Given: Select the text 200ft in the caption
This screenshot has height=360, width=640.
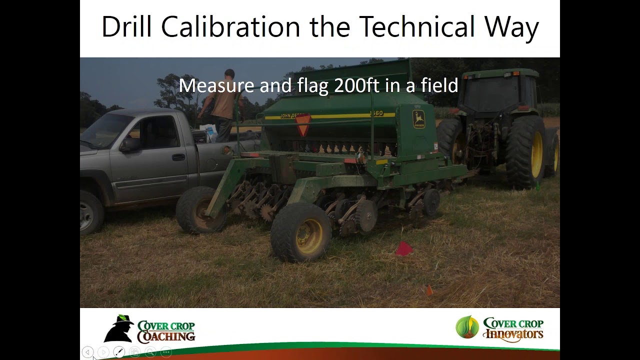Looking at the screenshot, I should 356,85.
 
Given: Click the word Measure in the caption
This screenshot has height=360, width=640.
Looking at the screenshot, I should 216,85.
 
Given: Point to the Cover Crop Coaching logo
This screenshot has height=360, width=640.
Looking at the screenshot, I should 149,329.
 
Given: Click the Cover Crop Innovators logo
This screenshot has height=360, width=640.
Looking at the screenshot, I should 499,329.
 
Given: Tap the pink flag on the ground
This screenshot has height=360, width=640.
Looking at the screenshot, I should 403,248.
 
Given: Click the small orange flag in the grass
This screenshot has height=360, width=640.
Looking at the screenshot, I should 429,290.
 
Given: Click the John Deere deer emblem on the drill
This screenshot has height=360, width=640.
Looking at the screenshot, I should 418,119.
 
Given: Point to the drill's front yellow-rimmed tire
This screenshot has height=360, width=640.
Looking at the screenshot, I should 301,232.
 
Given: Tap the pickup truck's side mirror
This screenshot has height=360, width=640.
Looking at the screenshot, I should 129,144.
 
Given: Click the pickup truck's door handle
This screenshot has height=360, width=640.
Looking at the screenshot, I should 178,157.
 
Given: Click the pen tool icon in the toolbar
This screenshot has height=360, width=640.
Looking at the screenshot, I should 118,352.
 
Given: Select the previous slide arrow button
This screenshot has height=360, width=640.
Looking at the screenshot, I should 87,352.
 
